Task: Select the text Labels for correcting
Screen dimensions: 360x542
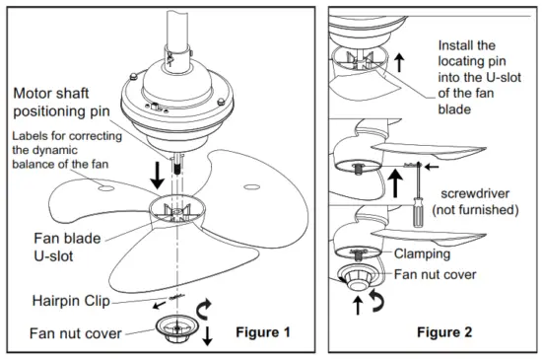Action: pyautogui.click(x=63, y=135)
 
